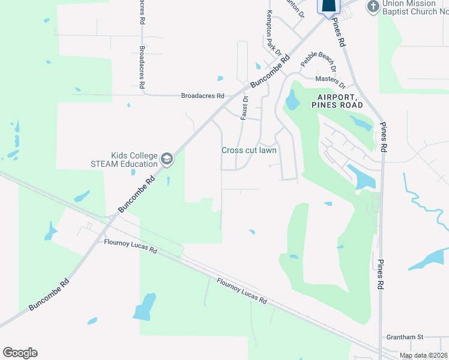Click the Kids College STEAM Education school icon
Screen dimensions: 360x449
[x=167, y=160]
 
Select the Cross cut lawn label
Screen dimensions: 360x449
[x=249, y=151]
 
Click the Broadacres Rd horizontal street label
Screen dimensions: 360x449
[x=203, y=95]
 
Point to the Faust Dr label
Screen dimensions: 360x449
[x=245, y=107]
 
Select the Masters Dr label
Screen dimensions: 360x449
[x=330, y=79]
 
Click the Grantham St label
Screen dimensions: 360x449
[x=405, y=337]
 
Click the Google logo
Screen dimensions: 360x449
[x=20, y=353]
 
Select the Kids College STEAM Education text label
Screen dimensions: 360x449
[x=125, y=159]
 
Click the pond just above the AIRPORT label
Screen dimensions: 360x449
[x=292, y=100]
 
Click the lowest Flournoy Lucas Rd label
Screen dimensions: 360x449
[x=241, y=291]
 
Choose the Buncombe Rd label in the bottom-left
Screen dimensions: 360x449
[x=49, y=295]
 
